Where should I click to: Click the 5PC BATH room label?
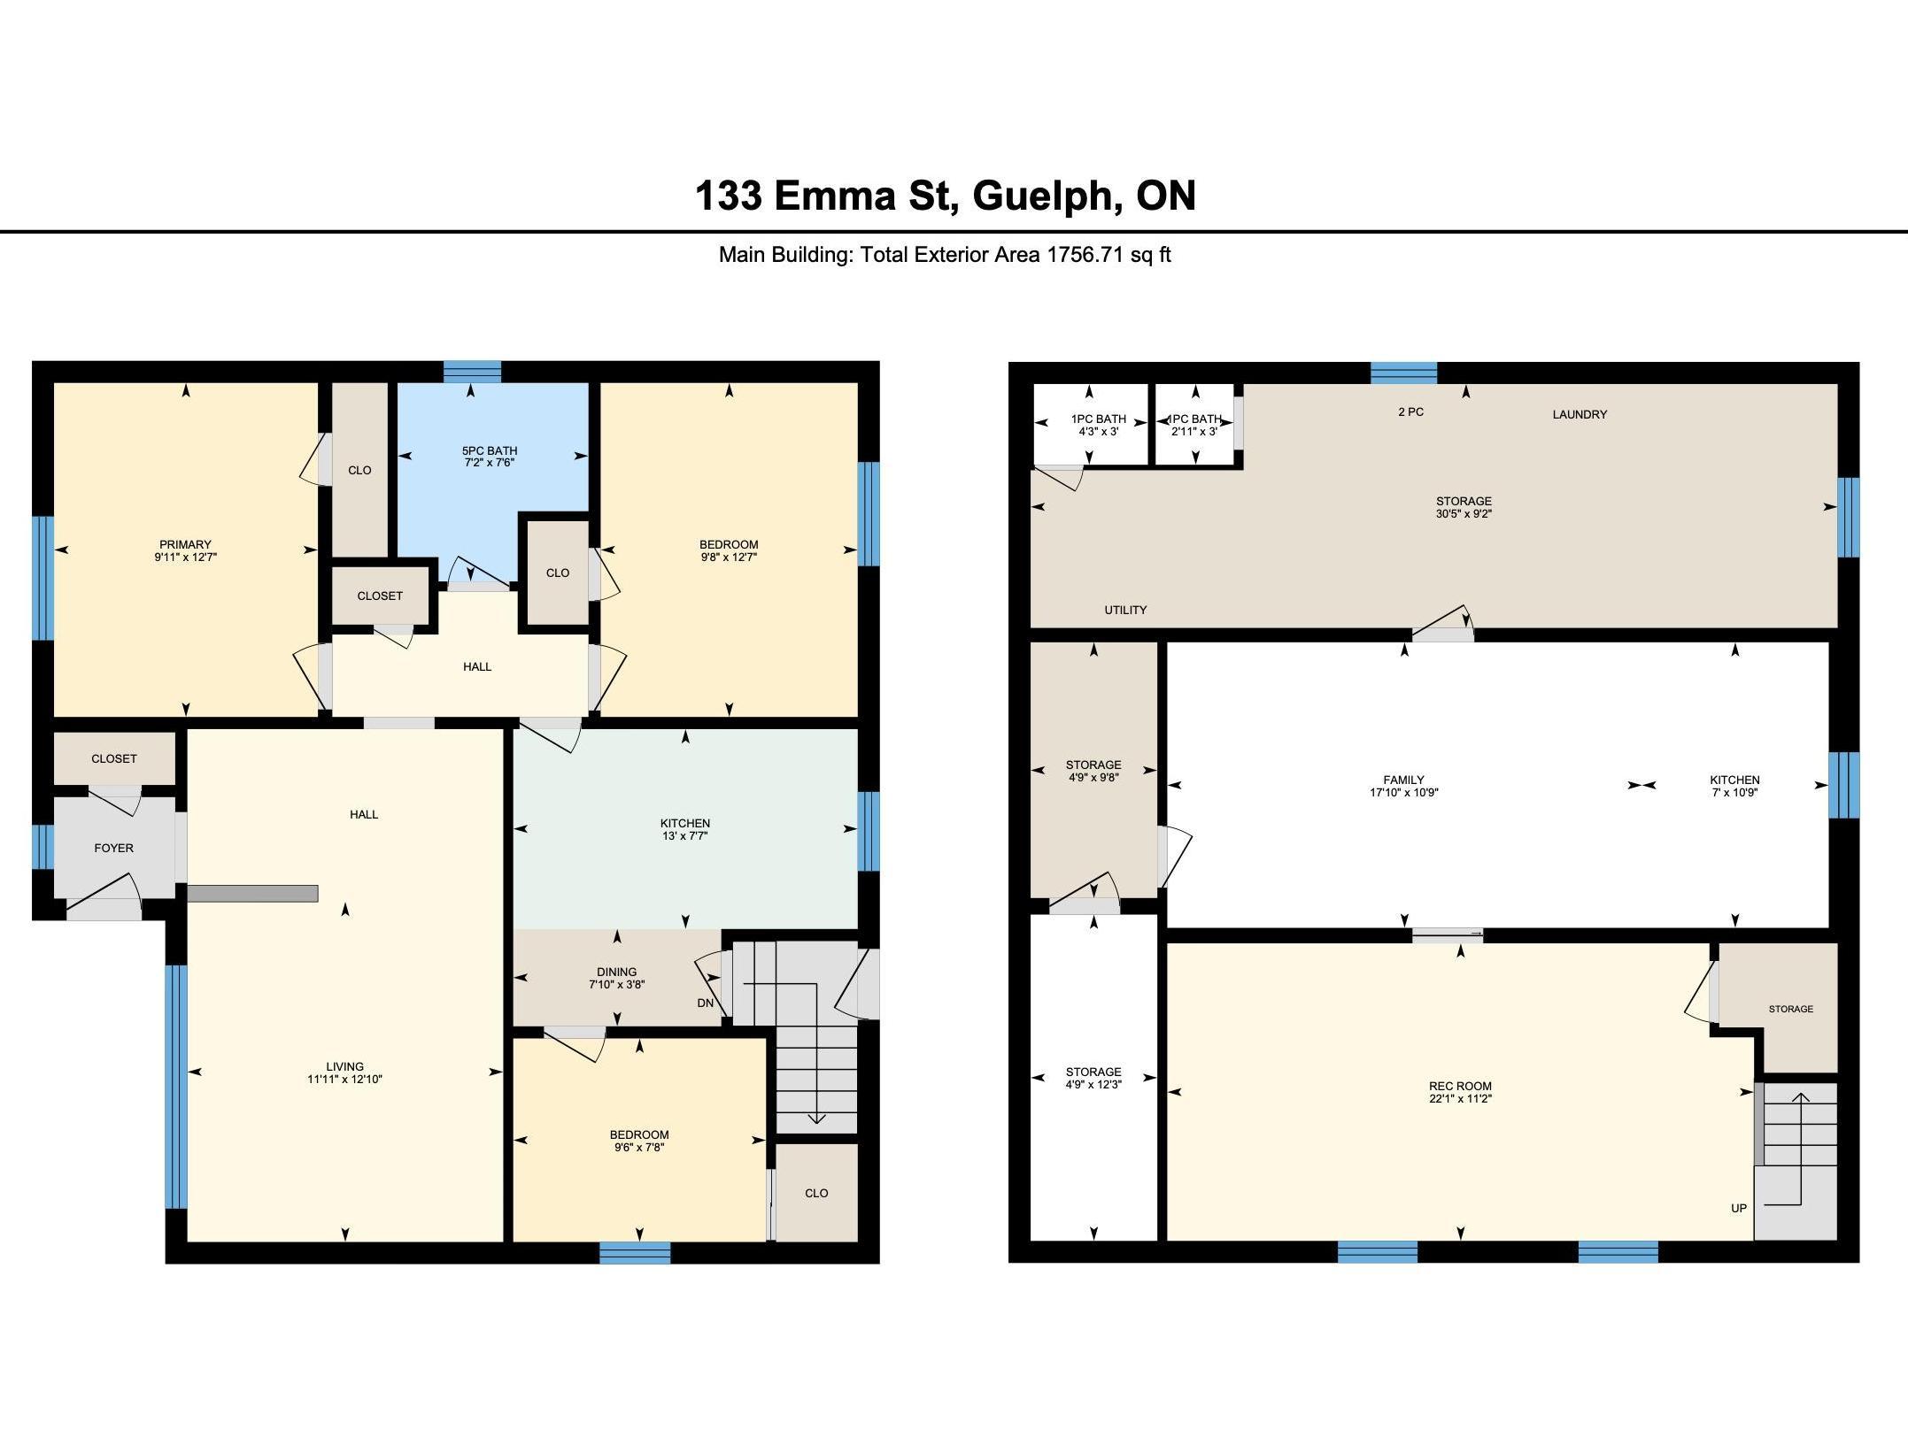coord(489,450)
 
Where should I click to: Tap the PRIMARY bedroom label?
coord(185,544)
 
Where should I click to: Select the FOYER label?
coord(114,848)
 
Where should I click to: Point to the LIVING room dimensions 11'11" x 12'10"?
coord(344,1079)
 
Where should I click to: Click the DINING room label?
coord(616,972)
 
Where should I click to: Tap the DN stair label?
coord(706,1003)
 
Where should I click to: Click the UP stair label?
coord(1739,1208)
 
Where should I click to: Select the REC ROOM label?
coord(1460,1086)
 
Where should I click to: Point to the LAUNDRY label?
coord(1580,414)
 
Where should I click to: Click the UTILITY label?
coord(1125,610)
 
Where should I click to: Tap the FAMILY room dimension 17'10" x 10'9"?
coord(1403,793)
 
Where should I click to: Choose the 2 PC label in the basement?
coord(1410,411)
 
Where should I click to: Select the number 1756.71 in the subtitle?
coord(1085,255)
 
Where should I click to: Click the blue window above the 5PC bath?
coord(472,371)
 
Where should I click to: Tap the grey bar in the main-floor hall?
coord(252,893)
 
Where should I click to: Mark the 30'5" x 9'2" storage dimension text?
coord(1464,513)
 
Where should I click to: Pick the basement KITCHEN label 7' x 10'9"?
coord(1734,786)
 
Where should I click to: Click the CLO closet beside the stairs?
coord(816,1192)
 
